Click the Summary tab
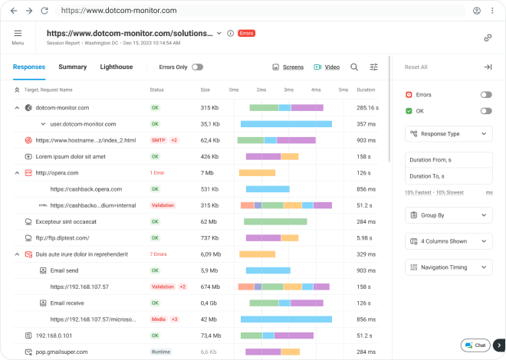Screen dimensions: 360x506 pyautogui.click(x=73, y=67)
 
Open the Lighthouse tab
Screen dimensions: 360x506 pyautogui.click(x=116, y=67)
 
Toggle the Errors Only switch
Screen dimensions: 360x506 pyautogui.click(x=197, y=67)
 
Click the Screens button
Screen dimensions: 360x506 pyautogui.click(x=288, y=67)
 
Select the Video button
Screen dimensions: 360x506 pyautogui.click(x=327, y=67)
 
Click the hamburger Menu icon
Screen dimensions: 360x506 pyautogui.click(x=18, y=34)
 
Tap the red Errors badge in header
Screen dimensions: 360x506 pyautogui.click(x=246, y=34)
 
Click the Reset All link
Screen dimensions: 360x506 pyautogui.click(x=416, y=67)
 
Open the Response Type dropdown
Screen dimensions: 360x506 pyautogui.click(x=449, y=133)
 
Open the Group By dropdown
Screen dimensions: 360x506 pyautogui.click(x=449, y=215)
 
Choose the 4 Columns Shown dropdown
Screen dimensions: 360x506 pyautogui.click(x=449, y=241)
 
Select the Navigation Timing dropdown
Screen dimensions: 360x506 pyautogui.click(x=449, y=267)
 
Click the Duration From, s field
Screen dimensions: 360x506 pyautogui.click(x=449, y=160)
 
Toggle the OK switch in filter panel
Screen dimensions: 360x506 pyautogui.click(x=485, y=111)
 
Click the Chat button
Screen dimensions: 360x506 pyautogui.click(x=475, y=345)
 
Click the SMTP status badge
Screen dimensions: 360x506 pyautogui.click(x=158, y=140)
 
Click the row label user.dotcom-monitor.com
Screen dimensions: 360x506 pyautogui.click(x=83, y=123)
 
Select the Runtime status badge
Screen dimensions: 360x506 pyautogui.click(x=161, y=352)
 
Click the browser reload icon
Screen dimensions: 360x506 pyautogui.click(x=44, y=11)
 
